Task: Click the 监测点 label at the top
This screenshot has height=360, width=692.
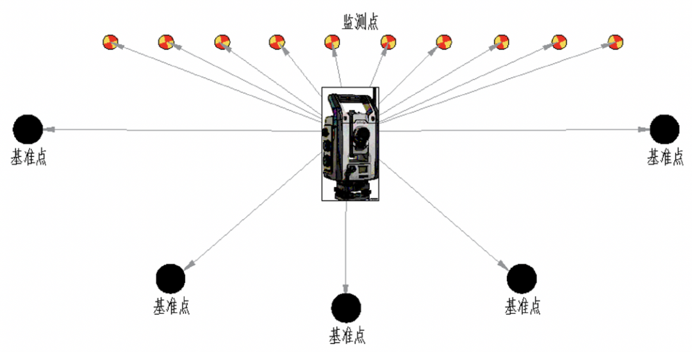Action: tap(359, 22)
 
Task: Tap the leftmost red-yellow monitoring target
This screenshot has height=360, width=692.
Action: tap(110, 42)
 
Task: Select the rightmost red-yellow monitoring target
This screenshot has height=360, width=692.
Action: tap(615, 42)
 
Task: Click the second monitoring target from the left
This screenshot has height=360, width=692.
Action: tap(166, 42)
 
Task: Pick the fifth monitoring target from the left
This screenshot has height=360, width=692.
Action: tap(333, 42)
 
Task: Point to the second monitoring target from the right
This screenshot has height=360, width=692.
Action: tap(559, 42)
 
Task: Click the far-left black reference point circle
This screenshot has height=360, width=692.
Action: tap(28, 129)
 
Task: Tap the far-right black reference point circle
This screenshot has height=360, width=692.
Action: tap(664, 129)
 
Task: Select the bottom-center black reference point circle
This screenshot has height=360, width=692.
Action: tap(346, 307)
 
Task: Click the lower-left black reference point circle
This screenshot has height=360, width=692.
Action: tap(170, 279)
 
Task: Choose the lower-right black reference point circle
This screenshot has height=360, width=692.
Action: tap(522, 279)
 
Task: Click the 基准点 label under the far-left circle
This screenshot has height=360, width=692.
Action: tap(28, 157)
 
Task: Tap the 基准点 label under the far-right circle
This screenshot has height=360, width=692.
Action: tap(665, 157)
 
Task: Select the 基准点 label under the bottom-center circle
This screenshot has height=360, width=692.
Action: tap(347, 335)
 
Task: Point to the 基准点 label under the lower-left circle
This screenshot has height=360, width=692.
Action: tap(171, 306)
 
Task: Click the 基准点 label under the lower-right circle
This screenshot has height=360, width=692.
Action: tap(522, 306)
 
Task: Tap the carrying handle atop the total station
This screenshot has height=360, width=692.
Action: tap(350, 97)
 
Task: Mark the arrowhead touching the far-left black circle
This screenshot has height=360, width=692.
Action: tap(47, 129)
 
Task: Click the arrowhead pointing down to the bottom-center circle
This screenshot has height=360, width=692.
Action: tap(346, 288)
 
